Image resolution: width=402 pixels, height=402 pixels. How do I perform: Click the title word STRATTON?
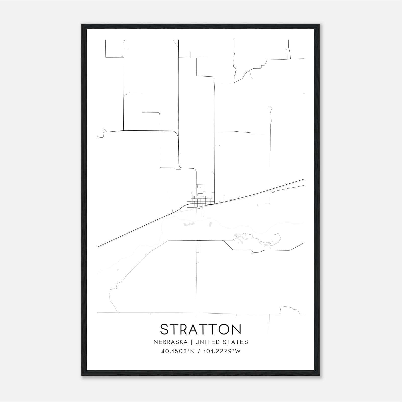pos(200,329)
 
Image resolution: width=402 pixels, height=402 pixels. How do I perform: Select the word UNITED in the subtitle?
pos(206,342)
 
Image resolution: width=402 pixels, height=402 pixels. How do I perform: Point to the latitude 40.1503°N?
pos(178,351)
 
